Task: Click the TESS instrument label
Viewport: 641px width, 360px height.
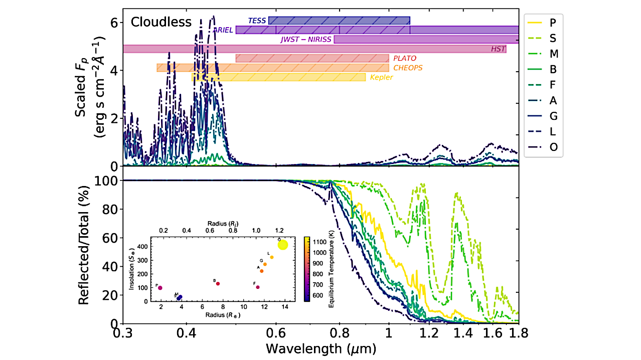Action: (257, 21)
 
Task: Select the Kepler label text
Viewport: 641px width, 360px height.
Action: (381, 77)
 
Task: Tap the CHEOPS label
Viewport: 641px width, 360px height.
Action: (408, 68)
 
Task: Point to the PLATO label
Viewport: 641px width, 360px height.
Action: (404, 58)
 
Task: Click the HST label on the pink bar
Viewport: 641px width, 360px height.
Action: (499, 49)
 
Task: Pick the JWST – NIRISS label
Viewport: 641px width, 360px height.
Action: (306, 40)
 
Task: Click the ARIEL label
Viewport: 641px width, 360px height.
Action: (223, 30)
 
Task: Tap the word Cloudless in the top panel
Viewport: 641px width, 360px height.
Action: (161, 22)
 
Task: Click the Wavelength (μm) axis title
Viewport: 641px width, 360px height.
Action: (321, 347)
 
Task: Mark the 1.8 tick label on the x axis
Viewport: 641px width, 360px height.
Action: (518, 333)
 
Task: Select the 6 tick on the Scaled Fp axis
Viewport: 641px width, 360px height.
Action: (114, 23)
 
